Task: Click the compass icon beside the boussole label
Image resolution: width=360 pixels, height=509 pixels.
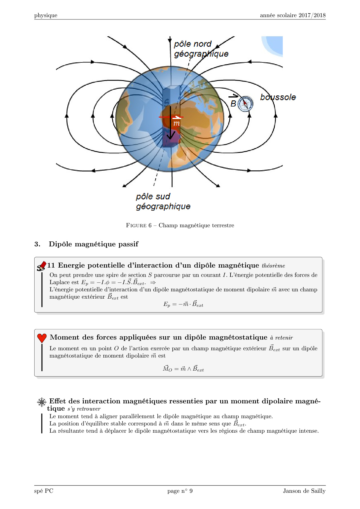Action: click(245, 104)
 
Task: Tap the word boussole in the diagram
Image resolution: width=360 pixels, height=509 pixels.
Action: click(278, 97)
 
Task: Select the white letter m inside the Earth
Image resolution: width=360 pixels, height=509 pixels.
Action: click(177, 123)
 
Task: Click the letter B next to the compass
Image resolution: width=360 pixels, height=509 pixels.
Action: click(233, 104)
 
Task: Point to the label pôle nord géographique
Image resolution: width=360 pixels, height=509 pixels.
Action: click(201, 49)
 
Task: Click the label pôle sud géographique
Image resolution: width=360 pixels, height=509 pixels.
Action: click(163, 201)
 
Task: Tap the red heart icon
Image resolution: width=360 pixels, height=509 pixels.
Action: click(42, 338)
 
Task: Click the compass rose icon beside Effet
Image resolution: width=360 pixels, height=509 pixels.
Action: click(42, 402)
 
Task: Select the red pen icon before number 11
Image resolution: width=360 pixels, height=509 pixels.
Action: click(42, 266)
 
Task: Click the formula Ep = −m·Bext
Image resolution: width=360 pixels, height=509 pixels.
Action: click(183, 304)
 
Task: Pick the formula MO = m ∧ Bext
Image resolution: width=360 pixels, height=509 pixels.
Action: click(183, 369)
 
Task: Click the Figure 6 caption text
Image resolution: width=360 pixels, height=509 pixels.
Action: click(180, 225)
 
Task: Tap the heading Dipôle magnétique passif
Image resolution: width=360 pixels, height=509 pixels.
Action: click(93, 244)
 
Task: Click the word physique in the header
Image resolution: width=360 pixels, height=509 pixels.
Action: click(46, 15)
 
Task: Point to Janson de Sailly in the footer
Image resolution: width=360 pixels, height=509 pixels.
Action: click(304, 491)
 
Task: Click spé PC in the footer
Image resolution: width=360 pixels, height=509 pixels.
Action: click(44, 491)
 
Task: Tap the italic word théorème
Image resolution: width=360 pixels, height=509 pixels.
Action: click(273, 266)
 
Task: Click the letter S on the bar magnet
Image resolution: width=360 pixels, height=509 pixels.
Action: click(166, 102)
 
